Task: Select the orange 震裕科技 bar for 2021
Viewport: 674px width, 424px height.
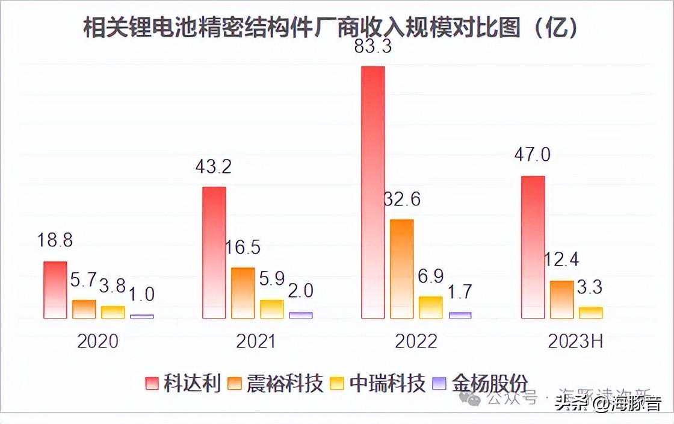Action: pos(243,293)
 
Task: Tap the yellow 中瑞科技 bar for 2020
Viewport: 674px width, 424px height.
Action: pos(113,312)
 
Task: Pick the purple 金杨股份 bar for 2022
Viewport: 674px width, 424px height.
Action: pos(460,315)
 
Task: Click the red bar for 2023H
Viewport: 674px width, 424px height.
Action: pos(533,247)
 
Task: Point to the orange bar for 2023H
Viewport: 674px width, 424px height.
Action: pos(561,299)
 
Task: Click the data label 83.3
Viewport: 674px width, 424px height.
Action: pos(373,46)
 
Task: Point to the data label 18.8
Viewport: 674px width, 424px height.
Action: pos(55,241)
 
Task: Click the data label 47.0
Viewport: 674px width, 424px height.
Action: pos(532,155)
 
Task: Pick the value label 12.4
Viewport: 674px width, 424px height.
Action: pos(561,260)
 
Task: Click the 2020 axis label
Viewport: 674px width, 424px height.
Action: pos(98,341)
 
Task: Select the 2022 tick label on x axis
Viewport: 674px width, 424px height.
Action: pos(416,341)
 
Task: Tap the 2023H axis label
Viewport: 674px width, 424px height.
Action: pos(575,341)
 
